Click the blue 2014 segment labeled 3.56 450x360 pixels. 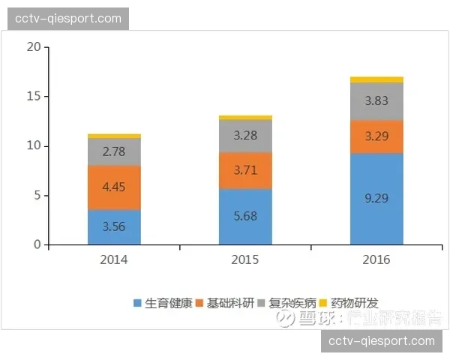click(114, 227)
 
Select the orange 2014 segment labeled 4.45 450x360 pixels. click(114, 187)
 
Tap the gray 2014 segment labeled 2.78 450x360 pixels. click(114, 152)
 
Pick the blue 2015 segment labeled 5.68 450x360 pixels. click(245, 217)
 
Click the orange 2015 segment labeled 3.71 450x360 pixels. click(245, 171)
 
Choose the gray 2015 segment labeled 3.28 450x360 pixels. click(245, 136)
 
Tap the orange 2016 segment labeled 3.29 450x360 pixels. click(376, 136)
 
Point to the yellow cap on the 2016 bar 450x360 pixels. click(376, 79)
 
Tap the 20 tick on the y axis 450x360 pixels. click(33, 47)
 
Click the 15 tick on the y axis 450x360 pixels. click(33, 97)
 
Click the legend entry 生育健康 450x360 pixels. click(162, 304)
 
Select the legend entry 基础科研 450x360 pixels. click(224, 304)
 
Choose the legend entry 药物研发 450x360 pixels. click(349, 304)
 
